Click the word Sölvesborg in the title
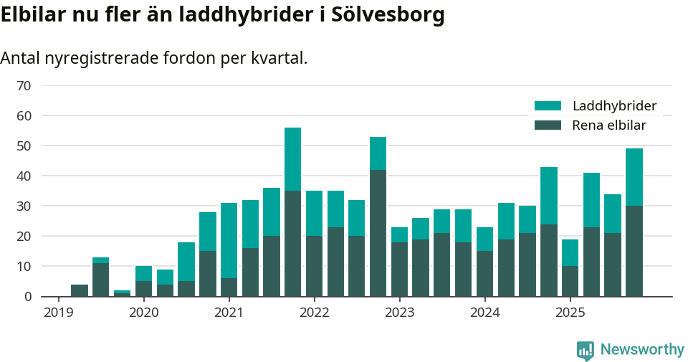click(x=388, y=15)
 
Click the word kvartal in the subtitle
click(x=277, y=58)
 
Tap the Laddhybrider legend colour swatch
click(x=548, y=106)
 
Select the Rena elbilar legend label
click(x=609, y=125)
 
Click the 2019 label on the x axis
click(x=58, y=313)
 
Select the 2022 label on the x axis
click(x=314, y=313)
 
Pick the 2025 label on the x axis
click(x=570, y=313)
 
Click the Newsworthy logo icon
click(x=586, y=350)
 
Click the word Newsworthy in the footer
click(x=642, y=350)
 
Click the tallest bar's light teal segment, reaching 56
click(x=292, y=159)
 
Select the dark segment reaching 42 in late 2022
click(x=378, y=233)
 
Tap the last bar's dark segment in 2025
click(x=634, y=251)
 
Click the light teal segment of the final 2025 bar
click(x=634, y=177)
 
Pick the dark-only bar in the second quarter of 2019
click(x=80, y=290)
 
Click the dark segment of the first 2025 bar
click(x=570, y=281)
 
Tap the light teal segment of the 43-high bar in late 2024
click(x=548, y=196)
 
